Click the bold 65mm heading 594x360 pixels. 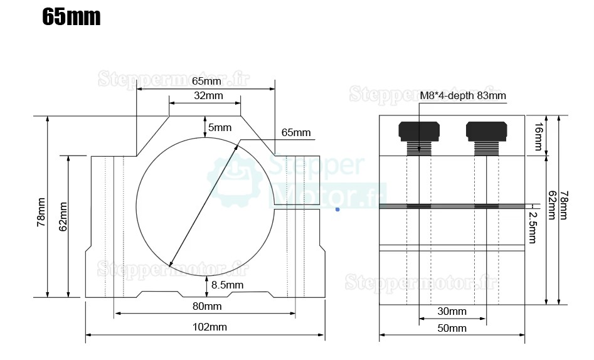point(71,17)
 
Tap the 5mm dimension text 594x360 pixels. point(220,127)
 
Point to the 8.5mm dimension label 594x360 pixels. point(227,285)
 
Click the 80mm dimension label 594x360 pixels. point(206,306)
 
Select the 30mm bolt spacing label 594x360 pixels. point(451,311)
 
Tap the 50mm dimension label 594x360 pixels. point(451,327)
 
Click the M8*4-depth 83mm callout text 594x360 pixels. point(463,95)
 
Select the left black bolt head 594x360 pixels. point(419,130)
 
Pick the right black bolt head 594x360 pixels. point(486,130)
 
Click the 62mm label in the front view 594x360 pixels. point(63,216)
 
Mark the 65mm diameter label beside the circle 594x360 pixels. point(296,132)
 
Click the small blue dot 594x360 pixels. point(337,209)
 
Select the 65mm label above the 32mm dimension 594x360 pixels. point(206,81)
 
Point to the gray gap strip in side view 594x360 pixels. point(452,206)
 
